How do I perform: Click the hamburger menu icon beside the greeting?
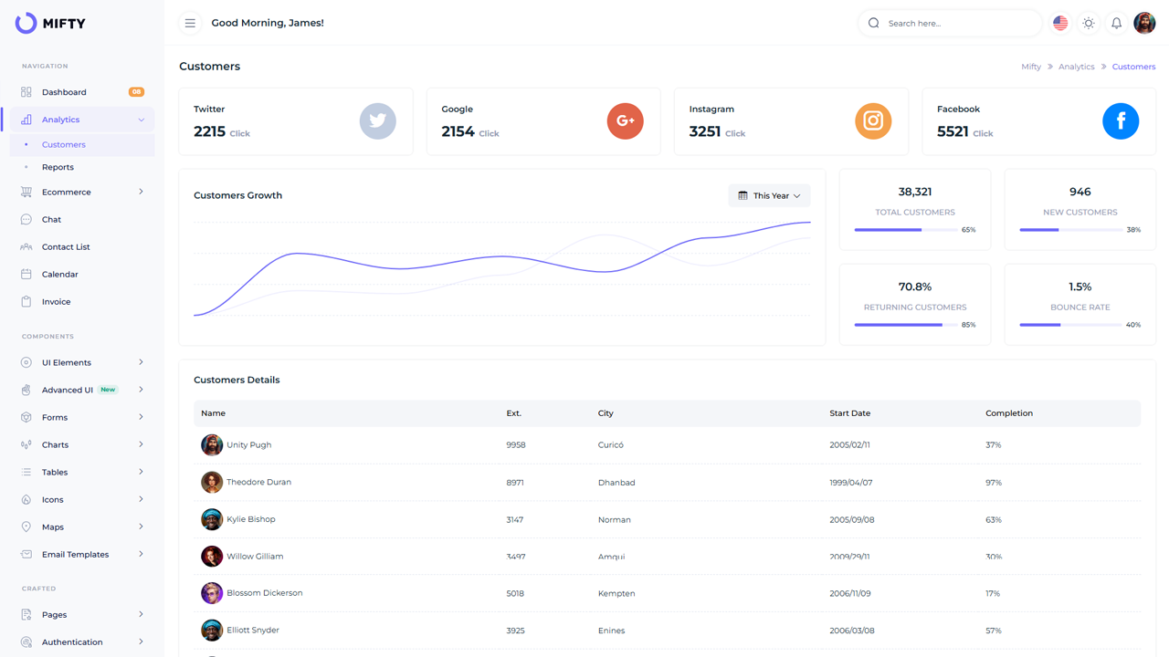click(190, 23)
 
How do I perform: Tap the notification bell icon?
click(1116, 23)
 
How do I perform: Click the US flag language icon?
click(1060, 23)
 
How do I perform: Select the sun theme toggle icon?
click(1089, 23)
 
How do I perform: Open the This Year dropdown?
click(769, 195)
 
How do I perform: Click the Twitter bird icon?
click(377, 120)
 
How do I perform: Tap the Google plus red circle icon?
click(625, 120)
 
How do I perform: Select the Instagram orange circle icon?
click(873, 120)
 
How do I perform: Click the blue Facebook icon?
click(1121, 120)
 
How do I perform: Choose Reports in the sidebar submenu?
click(58, 167)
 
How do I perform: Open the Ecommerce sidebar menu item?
click(67, 192)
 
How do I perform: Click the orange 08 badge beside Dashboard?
click(136, 92)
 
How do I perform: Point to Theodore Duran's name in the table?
click(258, 482)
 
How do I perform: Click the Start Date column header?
click(849, 413)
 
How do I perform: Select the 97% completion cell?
click(994, 483)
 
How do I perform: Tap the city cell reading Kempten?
click(616, 593)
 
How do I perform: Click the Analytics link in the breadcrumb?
click(1076, 67)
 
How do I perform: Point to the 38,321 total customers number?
click(914, 192)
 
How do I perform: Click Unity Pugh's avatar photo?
click(212, 445)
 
